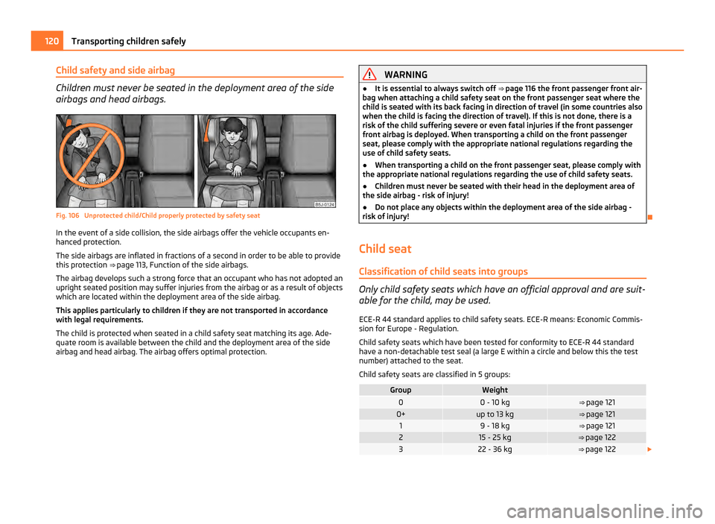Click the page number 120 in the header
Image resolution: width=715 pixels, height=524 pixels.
[45, 41]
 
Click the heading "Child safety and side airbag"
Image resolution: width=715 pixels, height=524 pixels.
[116, 71]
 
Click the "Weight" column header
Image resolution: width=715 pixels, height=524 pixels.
[495, 390]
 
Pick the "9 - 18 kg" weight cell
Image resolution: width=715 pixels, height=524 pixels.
[495, 426]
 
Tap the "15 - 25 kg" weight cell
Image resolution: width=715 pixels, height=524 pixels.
[495, 438]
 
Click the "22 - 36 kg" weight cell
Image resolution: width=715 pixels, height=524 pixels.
[495, 449]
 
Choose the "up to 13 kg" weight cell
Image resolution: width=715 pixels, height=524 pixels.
[495, 414]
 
